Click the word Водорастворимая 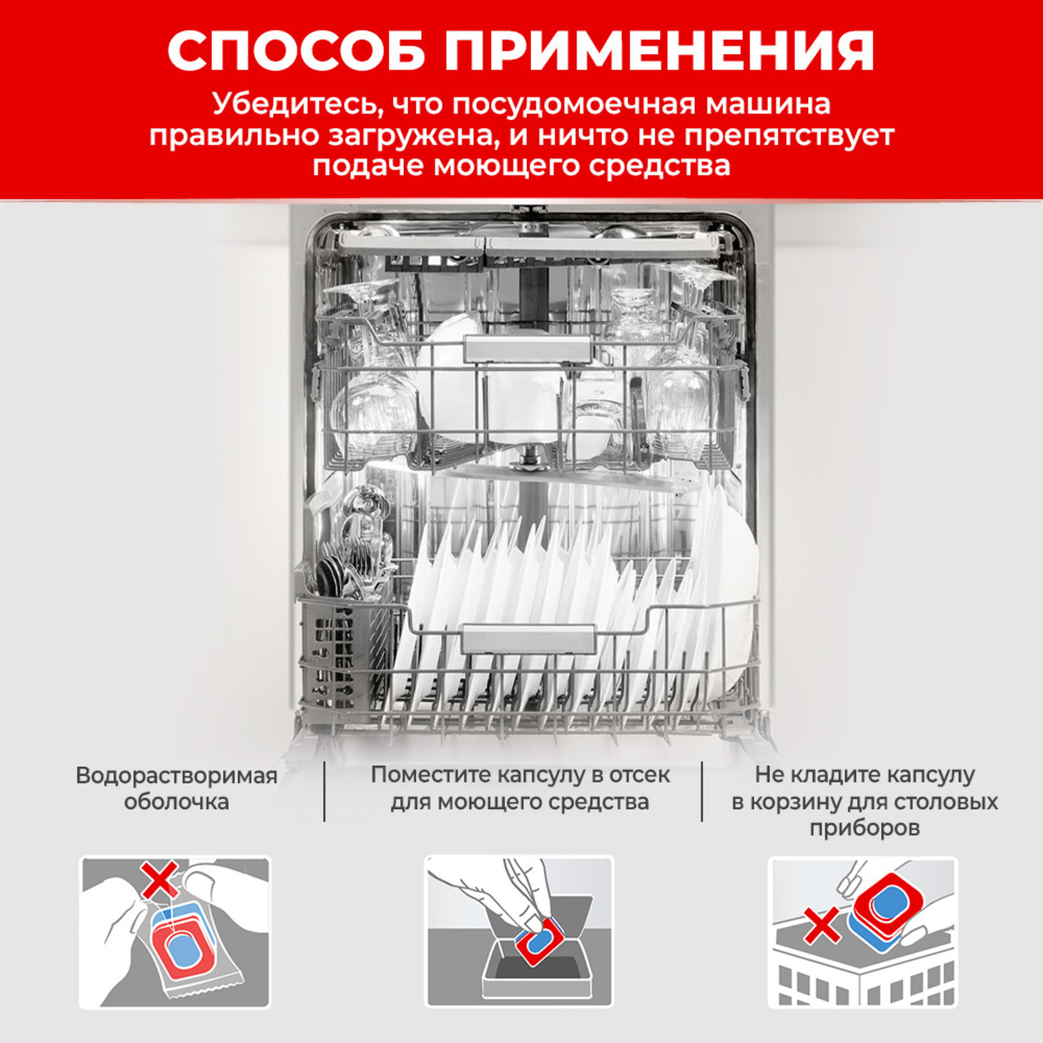176,776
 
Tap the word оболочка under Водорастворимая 176,802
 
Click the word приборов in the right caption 864,827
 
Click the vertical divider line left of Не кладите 702,791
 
